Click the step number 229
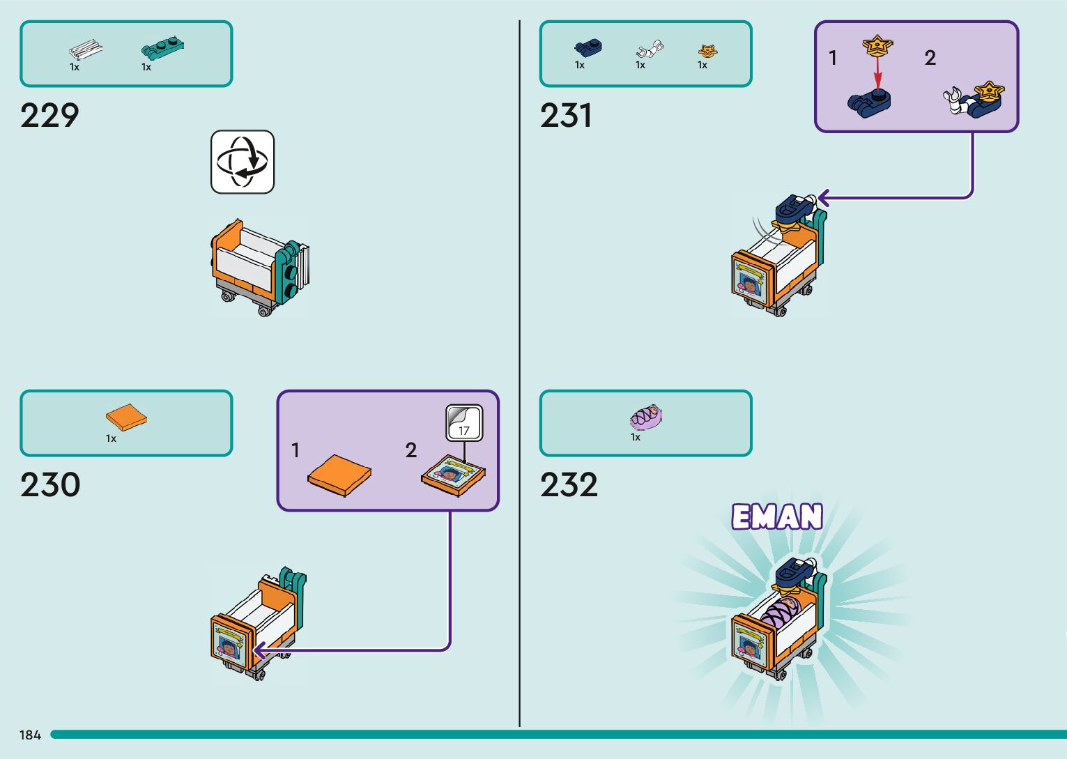49,116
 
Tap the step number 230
50,485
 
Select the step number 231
566,116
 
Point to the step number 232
569,485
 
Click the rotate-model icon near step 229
243,162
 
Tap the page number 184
30,735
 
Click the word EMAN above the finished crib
777,517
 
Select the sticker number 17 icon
464,423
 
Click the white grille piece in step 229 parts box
85,50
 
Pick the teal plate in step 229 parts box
162,47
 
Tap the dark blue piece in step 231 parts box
588,47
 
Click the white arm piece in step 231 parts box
649,49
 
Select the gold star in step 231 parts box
707,51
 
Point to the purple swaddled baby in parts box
646,417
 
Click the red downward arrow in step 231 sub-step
877,72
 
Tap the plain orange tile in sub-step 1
339,475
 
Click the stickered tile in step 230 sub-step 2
453,476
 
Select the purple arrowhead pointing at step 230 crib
259,651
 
